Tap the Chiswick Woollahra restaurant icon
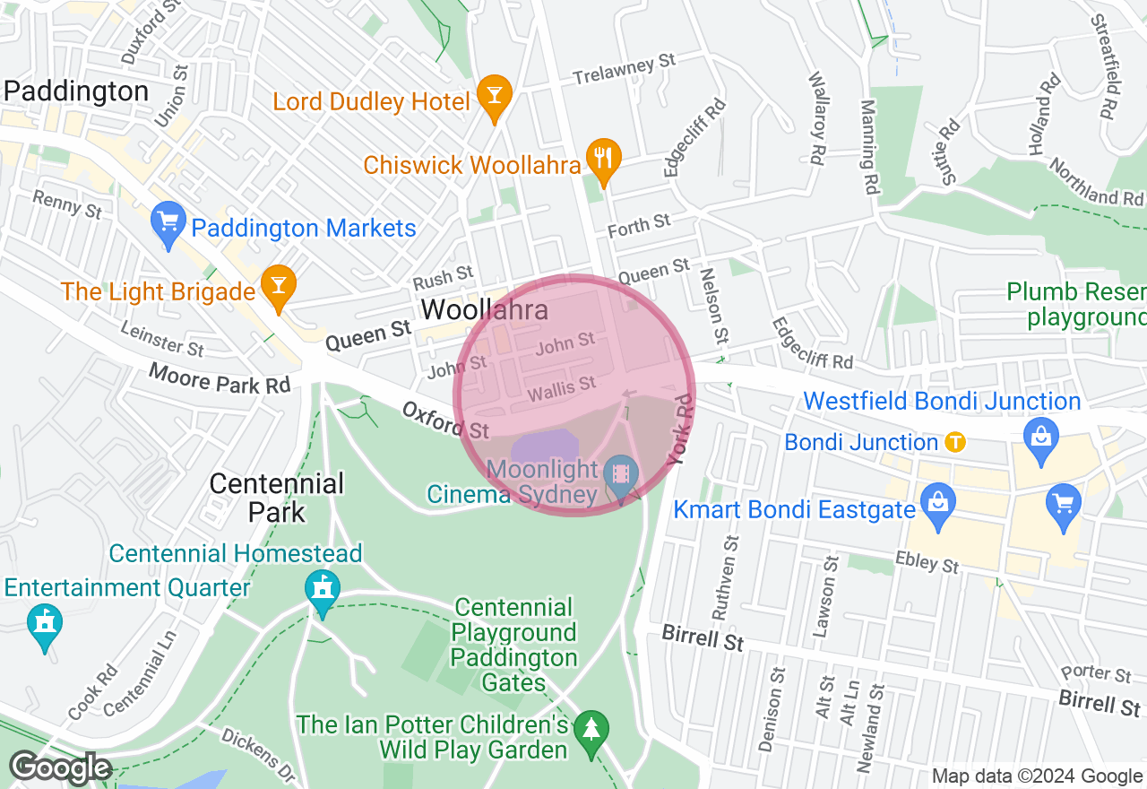tap(604, 158)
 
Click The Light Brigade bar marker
tap(278, 284)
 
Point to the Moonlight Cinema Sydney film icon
tap(620, 473)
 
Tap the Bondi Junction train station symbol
tap(956, 442)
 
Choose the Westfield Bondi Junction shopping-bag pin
tap(1040, 438)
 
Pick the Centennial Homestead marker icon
tap(323, 590)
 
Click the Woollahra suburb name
tap(485, 310)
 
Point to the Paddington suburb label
tap(76, 91)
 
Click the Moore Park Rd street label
tap(220, 378)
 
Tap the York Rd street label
tap(682, 429)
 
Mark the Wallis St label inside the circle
tap(562, 388)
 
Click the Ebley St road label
tap(927, 562)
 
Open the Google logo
tap(60, 768)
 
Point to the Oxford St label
tap(445, 420)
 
